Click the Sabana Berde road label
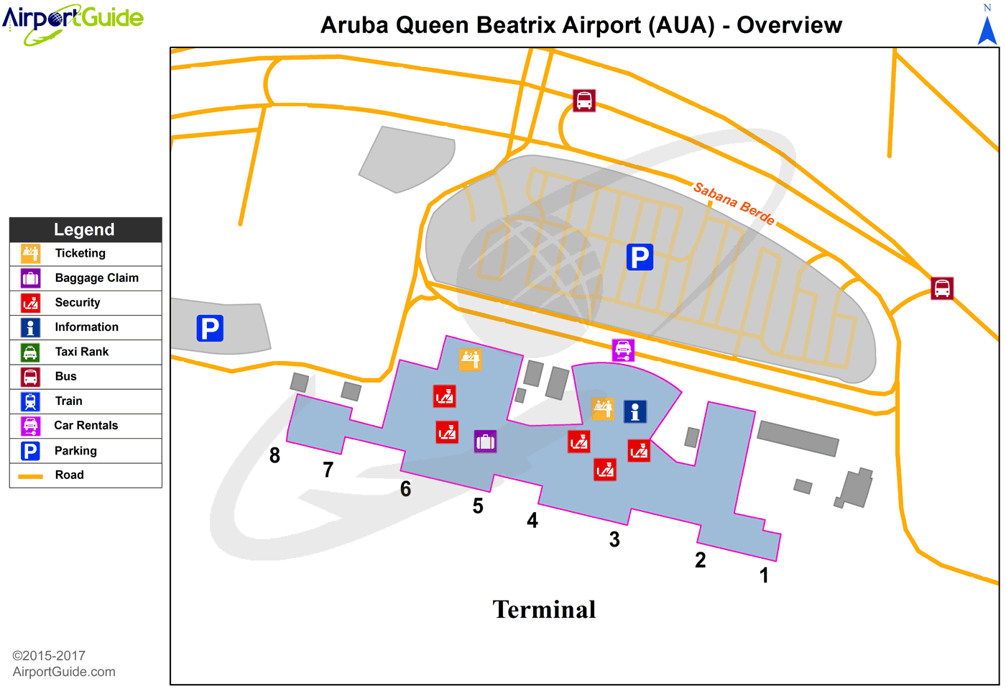(x=734, y=204)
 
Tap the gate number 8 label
(x=274, y=455)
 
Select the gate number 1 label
(x=764, y=575)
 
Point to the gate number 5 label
(x=478, y=506)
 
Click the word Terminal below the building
(x=544, y=610)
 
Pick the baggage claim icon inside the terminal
(x=485, y=442)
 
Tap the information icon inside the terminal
(x=634, y=411)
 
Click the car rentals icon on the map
(x=623, y=350)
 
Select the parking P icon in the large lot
(x=640, y=257)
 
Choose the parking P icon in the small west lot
(x=210, y=328)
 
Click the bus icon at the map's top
(x=584, y=101)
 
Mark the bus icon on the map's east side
(x=942, y=288)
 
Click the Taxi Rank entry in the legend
(x=82, y=352)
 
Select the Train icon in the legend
(x=30, y=401)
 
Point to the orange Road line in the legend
(x=30, y=476)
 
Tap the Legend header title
(x=84, y=229)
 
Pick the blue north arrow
(x=988, y=29)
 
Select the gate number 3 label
(x=614, y=539)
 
